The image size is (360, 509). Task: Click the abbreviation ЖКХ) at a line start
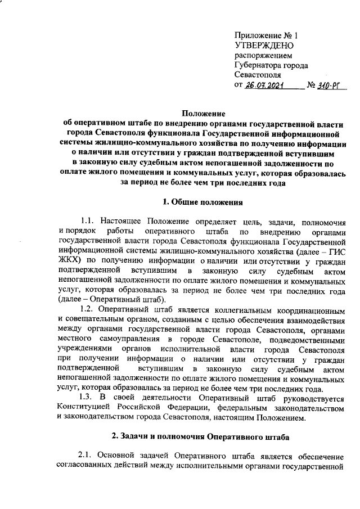pos(70,260)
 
